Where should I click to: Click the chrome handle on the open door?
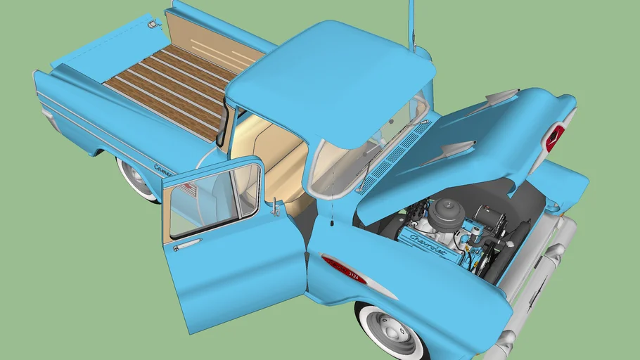point(186,245)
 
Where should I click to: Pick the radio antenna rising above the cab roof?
point(411,25)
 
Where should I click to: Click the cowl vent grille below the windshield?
point(394,155)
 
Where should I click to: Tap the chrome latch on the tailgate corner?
point(151,25)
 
